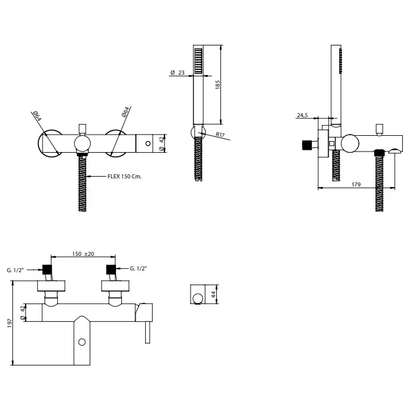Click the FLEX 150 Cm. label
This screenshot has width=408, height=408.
pyautogui.click(x=124, y=177)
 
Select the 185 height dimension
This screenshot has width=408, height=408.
pyautogui.click(x=218, y=85)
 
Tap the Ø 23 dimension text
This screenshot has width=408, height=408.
pyautogui.click(x=177, y=73)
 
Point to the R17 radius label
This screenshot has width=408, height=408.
pyautogui.click(x=220, y=135)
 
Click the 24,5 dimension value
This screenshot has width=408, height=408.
pyautogui.click(x=303, y=115)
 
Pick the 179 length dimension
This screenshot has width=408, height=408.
pyautogui.click(x=356, y=185)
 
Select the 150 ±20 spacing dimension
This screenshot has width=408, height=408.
pyautogui.click(x=83, y=254)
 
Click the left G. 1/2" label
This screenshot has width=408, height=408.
pyautogui.click(x=15, y=270)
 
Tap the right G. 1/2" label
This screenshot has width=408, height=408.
pyautogui.click(x=139, y=269)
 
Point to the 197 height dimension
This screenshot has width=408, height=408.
pyautogui.click(x=10, y=323)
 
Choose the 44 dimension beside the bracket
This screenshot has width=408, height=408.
pyautogui.click(x=213, y=294)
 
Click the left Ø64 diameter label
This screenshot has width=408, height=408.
pyautogui.click(x=37, y=116)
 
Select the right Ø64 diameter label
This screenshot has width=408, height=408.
pyautogui.click(x=125, y=112)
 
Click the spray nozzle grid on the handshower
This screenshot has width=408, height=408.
pyautogui.click(x=198, y=61)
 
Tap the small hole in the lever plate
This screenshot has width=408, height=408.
pyautogui.click(x=82, y=342)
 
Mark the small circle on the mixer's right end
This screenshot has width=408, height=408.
pyautogui.click(x=148, y=143)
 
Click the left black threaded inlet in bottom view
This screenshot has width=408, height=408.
pyautogui.click(x=47, y=269)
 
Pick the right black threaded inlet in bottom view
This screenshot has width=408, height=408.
pyautogui.click(x=111, y=269)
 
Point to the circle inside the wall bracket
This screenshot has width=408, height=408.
pyautogui.click(x=198, y=298)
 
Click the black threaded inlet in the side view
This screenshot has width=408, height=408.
pyautogui.click(x=307, y=145)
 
